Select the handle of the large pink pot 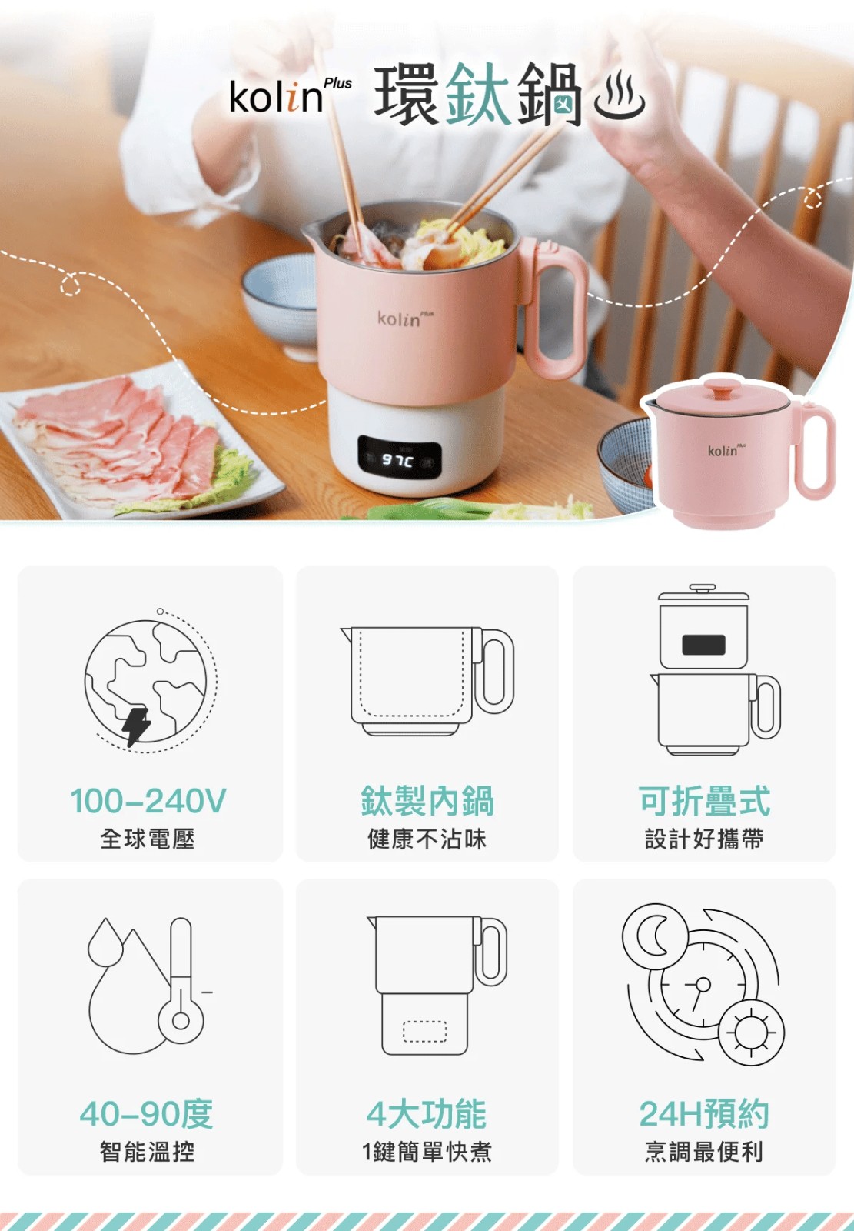tap(555, 308)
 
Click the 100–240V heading tap(148, 800)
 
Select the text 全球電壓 tap(147, 839)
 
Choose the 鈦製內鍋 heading tap(427, 801)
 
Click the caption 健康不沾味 tap(427, 839)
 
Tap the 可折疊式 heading tap(704, 801)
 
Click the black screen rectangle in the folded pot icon tap(703, 645)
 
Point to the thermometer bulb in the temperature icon tap(181, 1020)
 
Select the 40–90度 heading tap(146, 1114)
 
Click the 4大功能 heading tap(427, 1114)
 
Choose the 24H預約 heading tap(704, 1114)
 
